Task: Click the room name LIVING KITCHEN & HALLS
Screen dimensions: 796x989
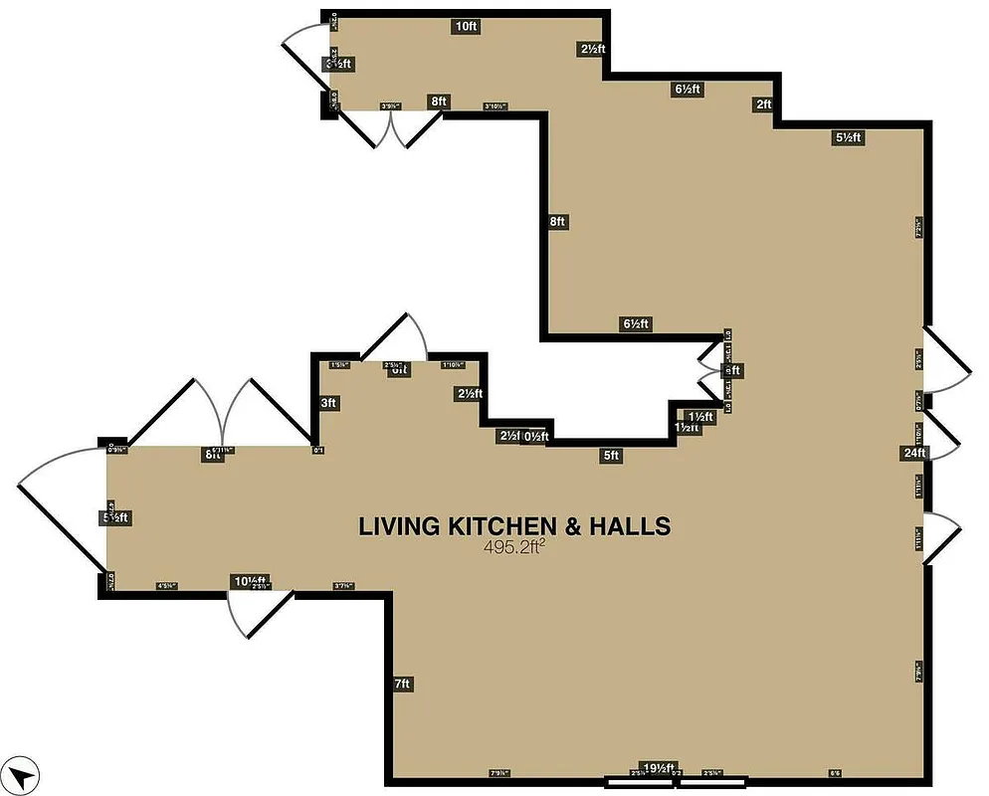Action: click(x=513, y=526)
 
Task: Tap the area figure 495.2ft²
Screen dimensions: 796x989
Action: click(x=514, y=546)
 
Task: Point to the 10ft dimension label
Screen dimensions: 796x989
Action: click(x=466, y=27)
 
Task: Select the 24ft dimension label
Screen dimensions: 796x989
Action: click(x=914, y=454)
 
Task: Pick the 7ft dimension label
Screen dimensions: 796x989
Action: click(x=403, y=684)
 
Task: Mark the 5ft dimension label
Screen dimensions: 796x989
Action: click(x=611, y=457)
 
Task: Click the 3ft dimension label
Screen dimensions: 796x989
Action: click(x=328, y=403)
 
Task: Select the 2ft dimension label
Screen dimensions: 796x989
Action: click(x=763, y=104)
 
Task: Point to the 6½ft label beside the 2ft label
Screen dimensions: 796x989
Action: click(x=688, y=90)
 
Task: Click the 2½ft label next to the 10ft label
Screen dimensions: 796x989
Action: click(x=593, y=49)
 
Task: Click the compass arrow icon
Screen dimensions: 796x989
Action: click(x=22, y=773)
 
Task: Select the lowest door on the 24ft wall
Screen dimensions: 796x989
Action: click(x=943, y=538)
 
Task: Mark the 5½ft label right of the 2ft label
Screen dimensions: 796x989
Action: click(x=848, y=138)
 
